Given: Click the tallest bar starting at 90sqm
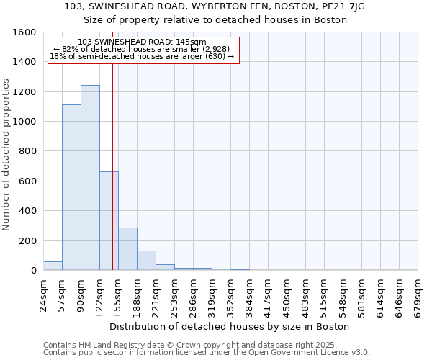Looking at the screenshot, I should coord(90,178).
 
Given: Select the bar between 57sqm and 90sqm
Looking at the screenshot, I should coord(71,187).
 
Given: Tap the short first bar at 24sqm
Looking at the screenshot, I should coord(53,266).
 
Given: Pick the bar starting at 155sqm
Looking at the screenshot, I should coord(127,249).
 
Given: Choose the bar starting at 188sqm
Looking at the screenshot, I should coord(146,261).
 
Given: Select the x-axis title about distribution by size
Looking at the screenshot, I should coord(230,326).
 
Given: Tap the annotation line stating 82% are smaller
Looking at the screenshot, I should coord(142,49).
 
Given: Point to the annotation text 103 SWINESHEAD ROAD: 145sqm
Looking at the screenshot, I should coord(142,42).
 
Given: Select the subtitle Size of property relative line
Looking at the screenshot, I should coord(215,20).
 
